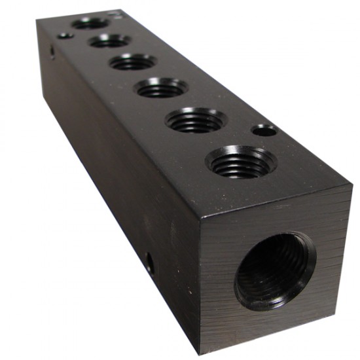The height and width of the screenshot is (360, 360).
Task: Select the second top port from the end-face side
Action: point(196,120)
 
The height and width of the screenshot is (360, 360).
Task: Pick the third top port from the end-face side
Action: point(162,87)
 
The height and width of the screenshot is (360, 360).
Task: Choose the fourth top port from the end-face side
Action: point(133,62)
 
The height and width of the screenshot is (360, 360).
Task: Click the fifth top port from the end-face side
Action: point(110,41)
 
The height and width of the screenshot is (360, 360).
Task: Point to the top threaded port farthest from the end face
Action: point(90,24)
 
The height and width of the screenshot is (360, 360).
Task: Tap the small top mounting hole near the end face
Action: point(264,130)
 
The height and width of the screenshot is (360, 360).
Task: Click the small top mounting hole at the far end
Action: point(65,35)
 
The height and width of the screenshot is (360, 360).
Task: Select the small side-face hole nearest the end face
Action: point(150,265)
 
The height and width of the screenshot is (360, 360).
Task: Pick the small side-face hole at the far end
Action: point(52,51)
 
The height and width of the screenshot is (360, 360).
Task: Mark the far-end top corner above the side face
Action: point(37,20)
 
